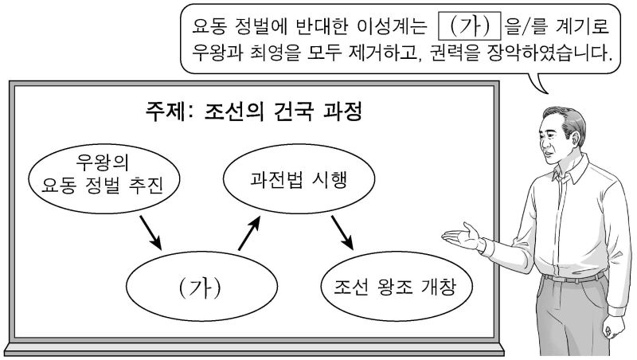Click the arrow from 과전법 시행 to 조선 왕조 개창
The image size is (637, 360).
click(342, 231)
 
